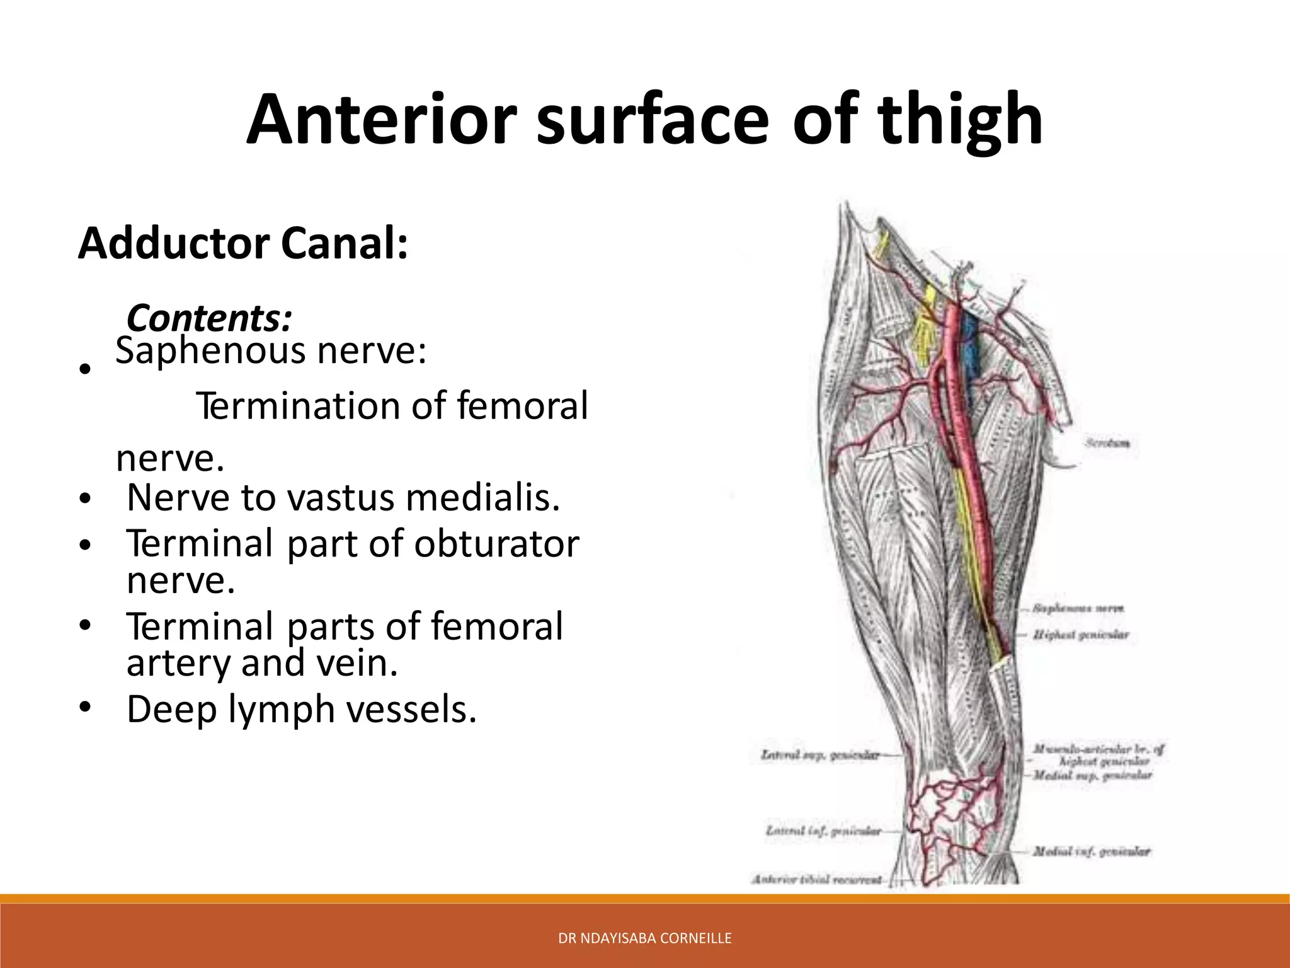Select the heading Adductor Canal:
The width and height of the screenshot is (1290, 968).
point(243,244)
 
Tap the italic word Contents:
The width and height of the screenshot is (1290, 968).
point(209,318)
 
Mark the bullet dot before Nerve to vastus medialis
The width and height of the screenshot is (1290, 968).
point(86,499)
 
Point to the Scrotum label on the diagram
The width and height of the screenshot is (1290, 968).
point(1107,444)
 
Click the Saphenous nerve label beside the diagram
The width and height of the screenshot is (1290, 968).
point(1078,609)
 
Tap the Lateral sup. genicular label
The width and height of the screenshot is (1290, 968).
point(819,754)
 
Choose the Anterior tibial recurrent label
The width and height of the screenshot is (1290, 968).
point(818,879)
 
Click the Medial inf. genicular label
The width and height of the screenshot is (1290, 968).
point(1091,851)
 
